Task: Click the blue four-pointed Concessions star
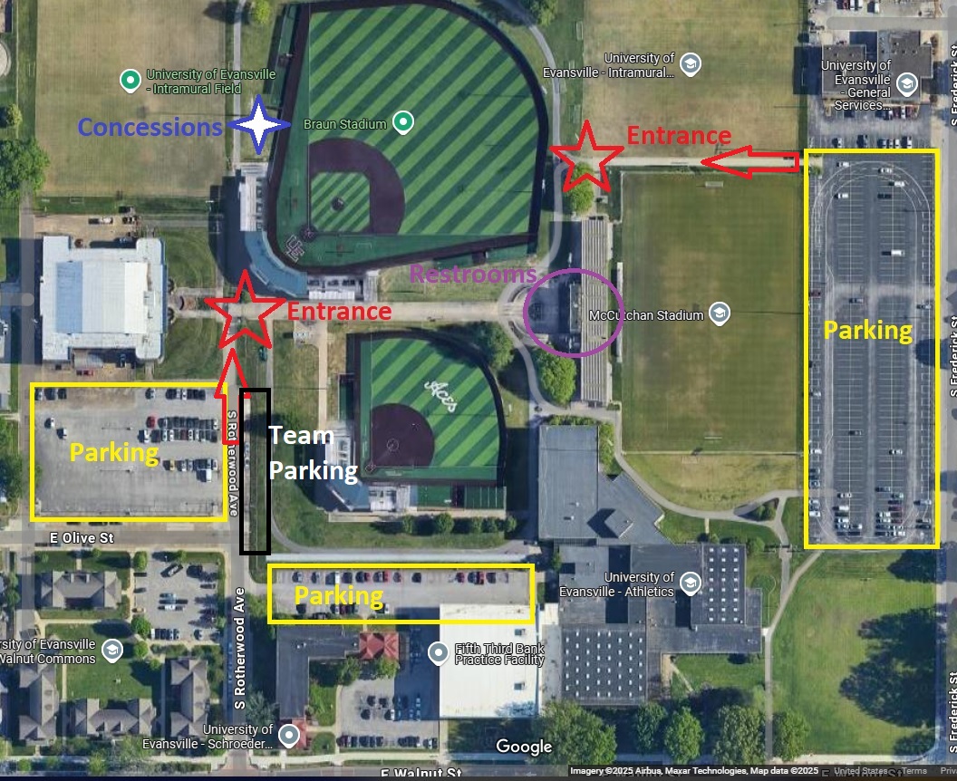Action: click(x=259, y=125)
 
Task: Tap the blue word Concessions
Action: click(x=150, y=127)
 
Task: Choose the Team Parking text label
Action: click(x=302, y=453)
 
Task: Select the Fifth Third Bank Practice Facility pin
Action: click(x=439, y=651)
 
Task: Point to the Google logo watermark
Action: click(x=524, y=747)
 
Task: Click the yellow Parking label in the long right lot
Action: click(x=867, y=330)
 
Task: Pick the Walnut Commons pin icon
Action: click(x=111, y=650)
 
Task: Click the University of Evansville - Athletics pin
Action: click(x=691, y=581)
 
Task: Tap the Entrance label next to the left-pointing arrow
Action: click(x=679, y=136)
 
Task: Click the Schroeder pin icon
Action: click(x=289, y=734)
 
